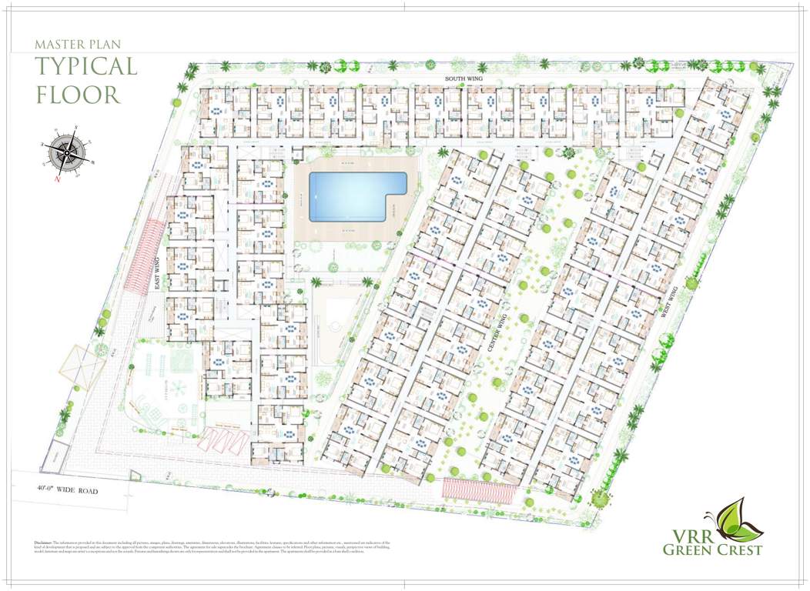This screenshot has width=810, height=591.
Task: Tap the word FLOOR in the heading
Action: [x=79, y=95]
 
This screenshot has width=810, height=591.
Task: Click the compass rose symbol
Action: [x=66, y=152]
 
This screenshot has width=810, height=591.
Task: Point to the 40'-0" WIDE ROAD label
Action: [x=68, y=489]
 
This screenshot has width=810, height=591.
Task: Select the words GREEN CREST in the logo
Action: [x=712, y=549]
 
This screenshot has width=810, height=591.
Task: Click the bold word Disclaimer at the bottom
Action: [x=43, y=543]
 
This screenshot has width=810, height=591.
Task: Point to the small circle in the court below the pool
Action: [x=336, y=326]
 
